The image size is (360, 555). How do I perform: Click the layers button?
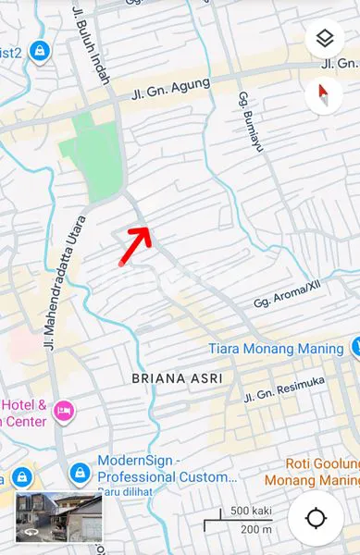pyautogui.click(x=324, y=39)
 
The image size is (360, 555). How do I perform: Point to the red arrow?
pyautogui.click(x=135, y=243)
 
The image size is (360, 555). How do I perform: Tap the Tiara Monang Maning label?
pyautogui.click(x=275, y=349)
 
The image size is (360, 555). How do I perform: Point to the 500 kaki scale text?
pyautogui.click(x=250, y=512)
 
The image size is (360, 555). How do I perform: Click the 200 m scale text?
pyautogui.click(x=256, y=529)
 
